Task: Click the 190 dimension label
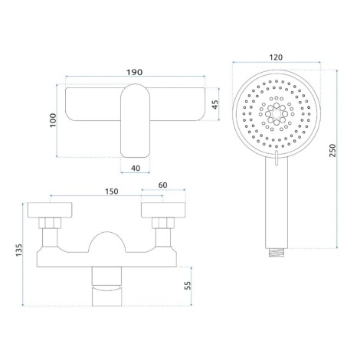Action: pyautogui.click(x=135, y=72)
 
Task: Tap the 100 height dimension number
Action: pyautogui.click(x=53, y=120)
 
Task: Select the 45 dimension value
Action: pyautogui.click(x=215, y=105)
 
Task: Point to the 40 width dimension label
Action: pyautogui.click(x=136, y=169)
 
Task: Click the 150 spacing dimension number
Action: pyautogui.click(x=112, y=191)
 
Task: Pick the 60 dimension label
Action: pyautogui.click(x=162, y=185)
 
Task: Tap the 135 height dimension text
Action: pyautogui.click(x=19, y=250)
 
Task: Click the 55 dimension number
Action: pyautogui.click(x=188, y=285)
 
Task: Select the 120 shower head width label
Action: pyautogui.click(x=276, y=57)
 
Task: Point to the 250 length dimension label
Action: pyautogui.click(x=332, y=150)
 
